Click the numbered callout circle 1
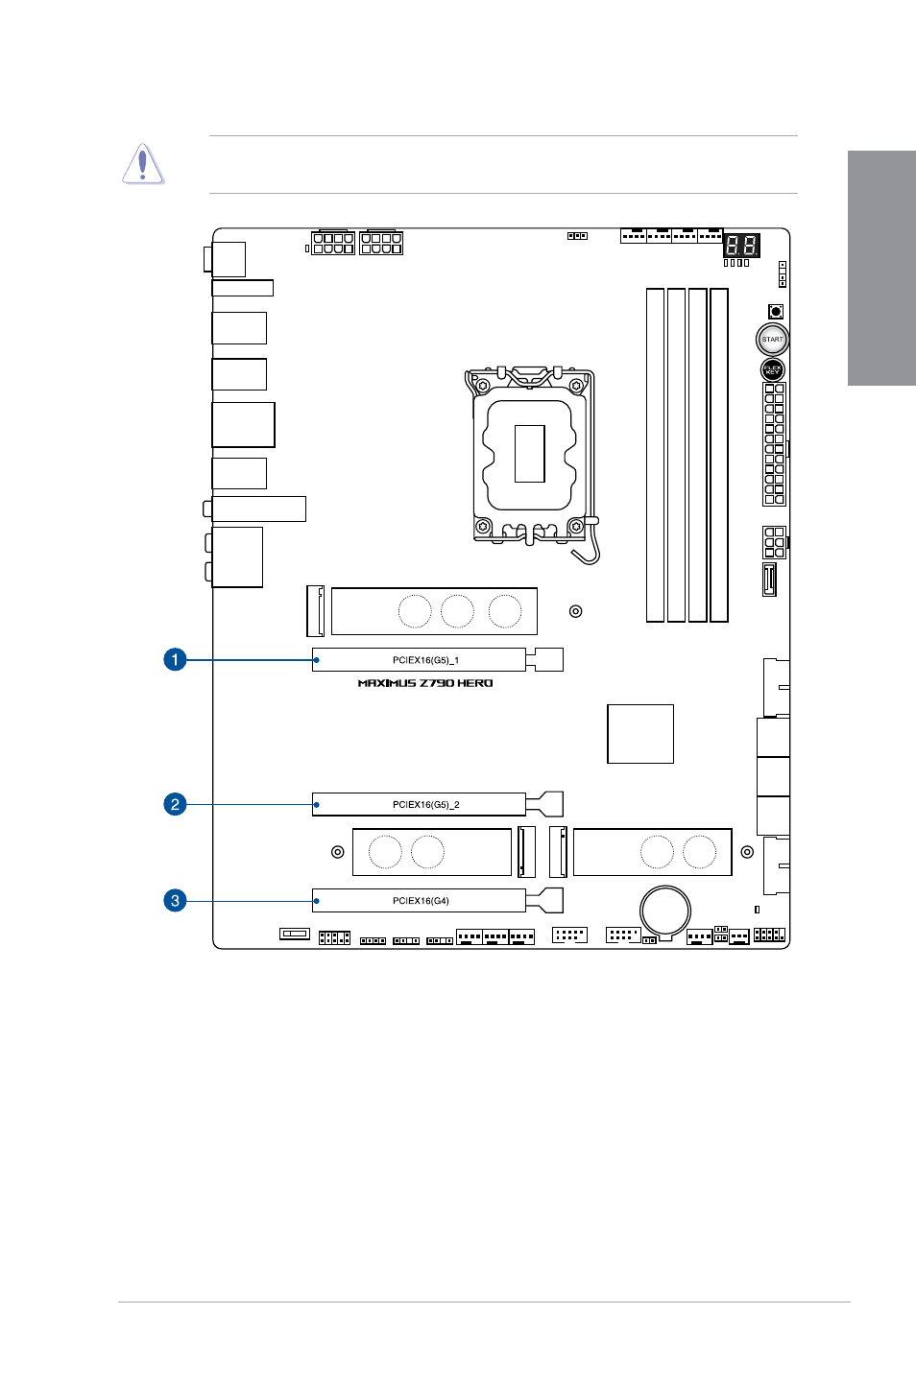tap(175, 660)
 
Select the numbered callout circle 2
tap(175, 804)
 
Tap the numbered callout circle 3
tap(175, 900)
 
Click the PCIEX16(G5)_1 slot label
tap(425, 660)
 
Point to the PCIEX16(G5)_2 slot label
tap(425, 804)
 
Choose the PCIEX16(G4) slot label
tap(421, 900)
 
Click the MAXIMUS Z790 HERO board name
tap(425, 683)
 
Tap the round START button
tap(772, 339)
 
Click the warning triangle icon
tap(143, 164)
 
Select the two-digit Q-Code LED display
tap(741, 245)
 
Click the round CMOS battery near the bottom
tap(664, 910)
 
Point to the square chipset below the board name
tap(640, 734)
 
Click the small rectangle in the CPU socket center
tap(529, 453)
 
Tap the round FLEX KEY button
tap(772, 369)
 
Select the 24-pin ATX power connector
tap(774, 444)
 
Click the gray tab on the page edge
tap(881, 268)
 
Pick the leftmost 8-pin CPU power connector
tap(333, 242)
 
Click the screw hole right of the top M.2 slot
tap(576, 611)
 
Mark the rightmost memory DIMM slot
tap(718, 455)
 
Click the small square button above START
tap(776, 311)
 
